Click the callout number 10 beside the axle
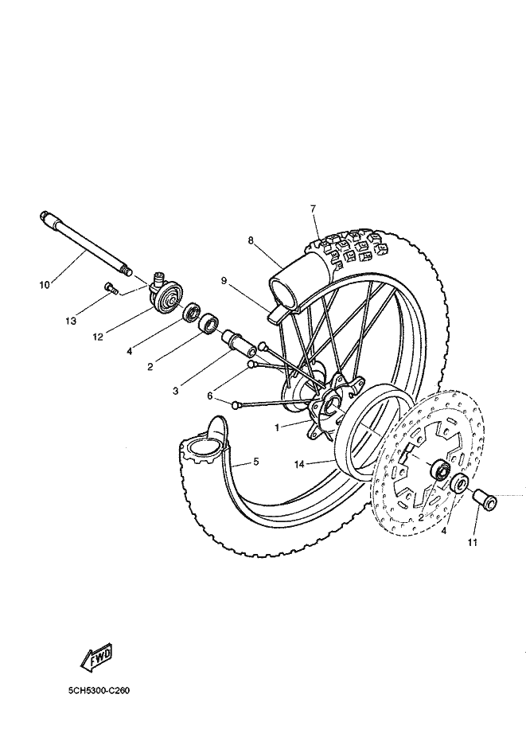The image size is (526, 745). click(x=45, y=285)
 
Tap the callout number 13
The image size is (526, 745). click(x=71, y=322)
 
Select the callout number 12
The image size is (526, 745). click(x=98, y=337)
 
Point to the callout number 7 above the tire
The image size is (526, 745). click(x=313, y=208)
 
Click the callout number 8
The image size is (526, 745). click(x=251, y=240)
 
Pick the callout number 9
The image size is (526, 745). click(x=224, y=280)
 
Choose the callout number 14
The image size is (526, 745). click(x=299, y=465)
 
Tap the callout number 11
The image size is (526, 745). click(x=472, y=542)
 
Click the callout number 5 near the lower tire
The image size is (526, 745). click(x=255, y=461)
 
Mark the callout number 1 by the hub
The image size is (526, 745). click(x=277, y=427)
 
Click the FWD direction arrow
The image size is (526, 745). click(x=97, y=659)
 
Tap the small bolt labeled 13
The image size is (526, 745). click(x=111, y=288)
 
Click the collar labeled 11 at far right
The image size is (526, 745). click(x=485, y=501)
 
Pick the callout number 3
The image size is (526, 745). click(x=175, y=391)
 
